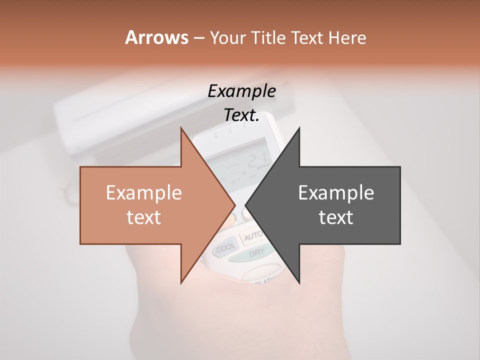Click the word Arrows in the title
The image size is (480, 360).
pos(156,37)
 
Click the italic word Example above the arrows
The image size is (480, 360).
pos(241,91)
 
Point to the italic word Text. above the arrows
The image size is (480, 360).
pos(241,115)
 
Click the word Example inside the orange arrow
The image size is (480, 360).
pos(144,193)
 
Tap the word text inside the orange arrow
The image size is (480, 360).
pos(144,217)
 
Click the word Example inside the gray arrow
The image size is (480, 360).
pos(336,193)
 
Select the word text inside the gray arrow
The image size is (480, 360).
pos(336,217)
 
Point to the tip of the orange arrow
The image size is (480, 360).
pos(235,205)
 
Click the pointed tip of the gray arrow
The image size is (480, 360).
pos(245,205)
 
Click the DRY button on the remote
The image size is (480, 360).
pos(256,253)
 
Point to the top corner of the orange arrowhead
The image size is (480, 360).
pos(181,127)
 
